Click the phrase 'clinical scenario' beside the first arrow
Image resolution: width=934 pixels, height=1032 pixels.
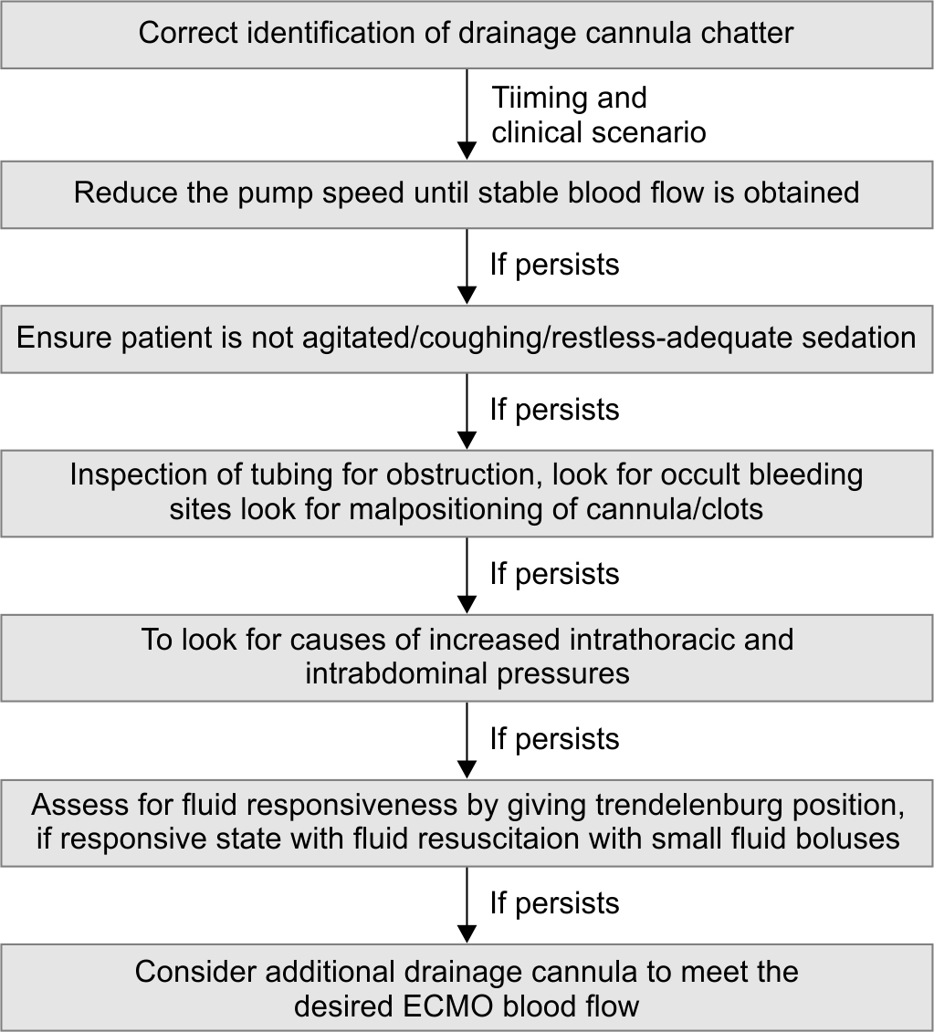click(599, 132)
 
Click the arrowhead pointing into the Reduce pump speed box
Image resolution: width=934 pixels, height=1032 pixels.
click(467, 150)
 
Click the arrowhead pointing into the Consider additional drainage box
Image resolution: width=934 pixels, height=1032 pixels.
click(467, 934)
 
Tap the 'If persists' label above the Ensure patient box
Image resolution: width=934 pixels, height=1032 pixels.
click(554, 265)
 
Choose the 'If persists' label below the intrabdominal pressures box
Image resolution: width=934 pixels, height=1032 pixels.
click(554, 739)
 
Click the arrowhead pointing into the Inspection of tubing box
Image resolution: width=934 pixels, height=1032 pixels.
click(467, 440)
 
